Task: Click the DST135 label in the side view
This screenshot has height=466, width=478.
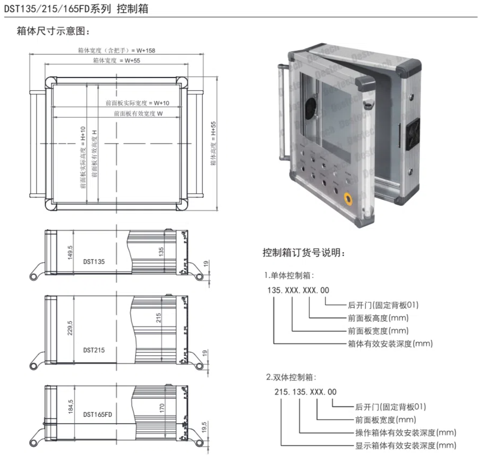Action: [x=94, y=262]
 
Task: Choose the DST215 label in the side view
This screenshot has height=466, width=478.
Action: [x=94, y=350]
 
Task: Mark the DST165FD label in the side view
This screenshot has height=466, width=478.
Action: [x=97, y=414]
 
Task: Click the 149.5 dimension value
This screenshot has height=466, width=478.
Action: [x=70, y=252]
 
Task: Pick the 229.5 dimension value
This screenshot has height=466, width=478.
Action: [x=70, y=328]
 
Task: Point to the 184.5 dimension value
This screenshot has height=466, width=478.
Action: [x=70, y=406]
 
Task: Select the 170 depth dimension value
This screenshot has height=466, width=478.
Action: [x=162, y=408]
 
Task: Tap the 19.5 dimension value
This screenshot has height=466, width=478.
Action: [x=204, y=427]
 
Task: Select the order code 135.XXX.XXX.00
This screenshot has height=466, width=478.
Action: [x=298, y=290]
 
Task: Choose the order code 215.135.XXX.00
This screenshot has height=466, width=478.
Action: [x=305, y=392]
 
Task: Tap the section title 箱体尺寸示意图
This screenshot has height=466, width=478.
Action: [x=53, y=31]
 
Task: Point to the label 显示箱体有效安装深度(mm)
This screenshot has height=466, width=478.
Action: [x=406, y=445]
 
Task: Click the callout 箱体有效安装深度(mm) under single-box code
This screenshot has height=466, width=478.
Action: [x=390, y=344]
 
